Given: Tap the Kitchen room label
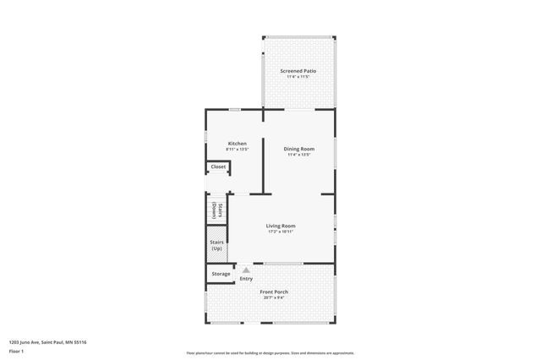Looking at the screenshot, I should click(238, 144).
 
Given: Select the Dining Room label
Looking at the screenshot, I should click(298, 149).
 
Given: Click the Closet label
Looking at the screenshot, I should click(218, 166).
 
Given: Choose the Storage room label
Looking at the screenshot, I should click(221, 274).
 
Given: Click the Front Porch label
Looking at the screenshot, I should click(275, 292).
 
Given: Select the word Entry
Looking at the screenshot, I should click(246, 279).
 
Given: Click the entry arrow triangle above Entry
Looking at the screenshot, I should click(246, 270).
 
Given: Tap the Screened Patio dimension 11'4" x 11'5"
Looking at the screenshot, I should click(298, 77).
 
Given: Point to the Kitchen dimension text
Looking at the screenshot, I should click(238, 150).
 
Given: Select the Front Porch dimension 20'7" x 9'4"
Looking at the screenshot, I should click(275, 297).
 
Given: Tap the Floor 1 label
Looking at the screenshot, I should click(17, 349).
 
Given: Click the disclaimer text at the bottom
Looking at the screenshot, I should click(270, 353).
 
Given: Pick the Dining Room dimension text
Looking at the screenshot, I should click(298, 155).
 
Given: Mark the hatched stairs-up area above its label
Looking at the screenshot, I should click(216, 231).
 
